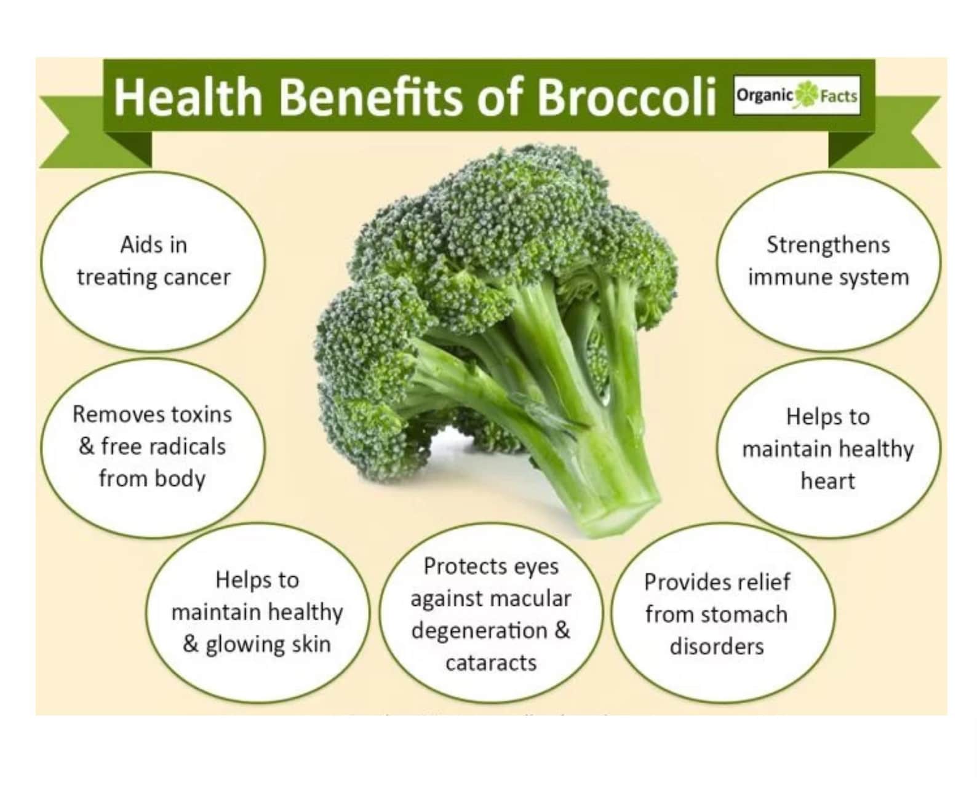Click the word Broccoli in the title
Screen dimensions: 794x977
(x=627, y=97)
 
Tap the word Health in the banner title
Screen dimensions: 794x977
(x=188, y=97)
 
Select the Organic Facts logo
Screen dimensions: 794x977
(x=797, y=96)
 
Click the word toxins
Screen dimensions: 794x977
(x=201, y=415)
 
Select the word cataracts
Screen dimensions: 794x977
(x=491, y=663)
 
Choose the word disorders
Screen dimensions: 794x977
(x=717, y=646)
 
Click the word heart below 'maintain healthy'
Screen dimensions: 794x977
(x=827, y=481)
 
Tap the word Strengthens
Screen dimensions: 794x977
(x=828, y=245)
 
